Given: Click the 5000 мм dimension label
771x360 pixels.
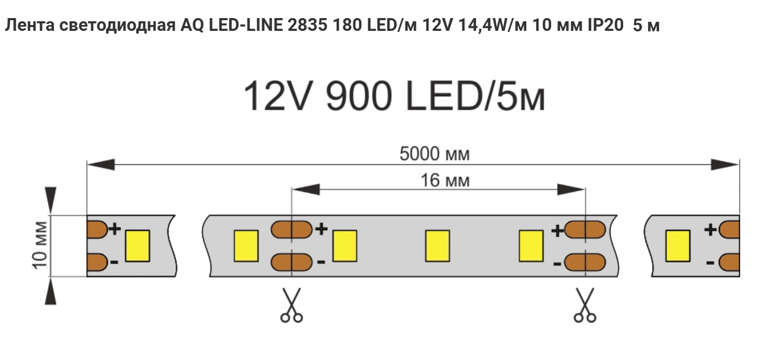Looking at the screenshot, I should pyautogui.click(x=435, y=155).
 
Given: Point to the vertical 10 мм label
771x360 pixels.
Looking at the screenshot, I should pyautogui.click(x=40, y=246).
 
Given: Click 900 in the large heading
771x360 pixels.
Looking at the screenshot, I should pyautogui.click(x=351, y=97).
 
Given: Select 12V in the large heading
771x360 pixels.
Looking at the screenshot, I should pyautogui.click(x=276, y=97).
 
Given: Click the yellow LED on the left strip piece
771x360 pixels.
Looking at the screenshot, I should pyautogui.click(x=137, y=246).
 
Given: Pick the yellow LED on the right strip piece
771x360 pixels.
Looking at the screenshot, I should pyautogui.click(x=678, y=246).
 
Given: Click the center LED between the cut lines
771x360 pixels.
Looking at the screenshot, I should pyautogui.click(x=437, y=246).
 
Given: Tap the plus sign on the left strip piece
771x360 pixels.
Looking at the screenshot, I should pyautogui.click(x=115, y=229).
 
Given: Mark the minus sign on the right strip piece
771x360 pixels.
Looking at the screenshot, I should pyautogui.click(x=710, y=263).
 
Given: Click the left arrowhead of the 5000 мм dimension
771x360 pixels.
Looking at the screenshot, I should pyautogui.click(x=101, y=164).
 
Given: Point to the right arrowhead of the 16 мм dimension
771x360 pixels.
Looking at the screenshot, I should pyautogui.click(x=571, y=189).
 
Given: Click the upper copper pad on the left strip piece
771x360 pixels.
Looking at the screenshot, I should pyautogui.click(x=96, y=229).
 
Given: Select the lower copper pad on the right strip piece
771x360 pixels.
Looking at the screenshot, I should pyautogui.click(x=729, y=262).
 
